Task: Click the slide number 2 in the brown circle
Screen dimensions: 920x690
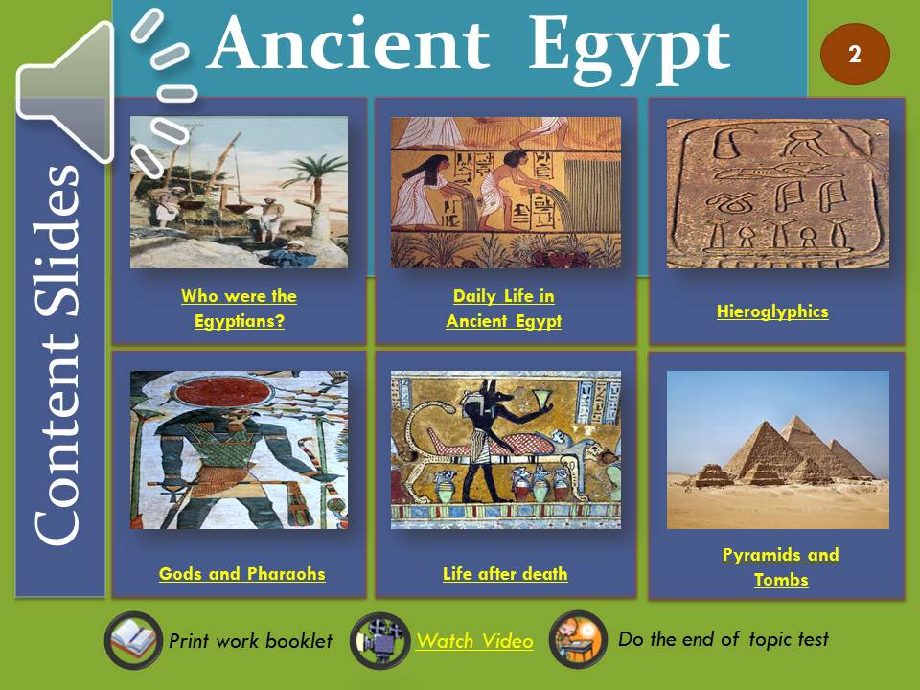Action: [854, 55]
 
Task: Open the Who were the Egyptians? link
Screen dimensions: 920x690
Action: [239, 309]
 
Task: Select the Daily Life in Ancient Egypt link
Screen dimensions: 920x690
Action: [503, 309]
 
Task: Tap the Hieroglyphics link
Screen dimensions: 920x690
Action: [772, 310]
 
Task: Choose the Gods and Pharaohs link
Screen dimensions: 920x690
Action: [241, 573]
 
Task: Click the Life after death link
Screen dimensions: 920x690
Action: [505, 573]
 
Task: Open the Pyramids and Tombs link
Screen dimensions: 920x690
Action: [780, 566]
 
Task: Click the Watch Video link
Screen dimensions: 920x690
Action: [474, 641]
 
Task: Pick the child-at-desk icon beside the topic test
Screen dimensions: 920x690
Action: [578, 639]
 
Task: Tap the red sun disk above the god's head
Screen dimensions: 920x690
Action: [222, 391]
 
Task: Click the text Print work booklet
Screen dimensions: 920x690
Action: [250, 641]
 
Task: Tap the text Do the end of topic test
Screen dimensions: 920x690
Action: [724, 639]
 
